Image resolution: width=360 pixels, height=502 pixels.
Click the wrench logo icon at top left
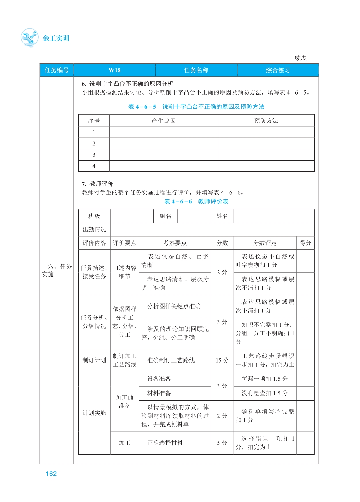29,38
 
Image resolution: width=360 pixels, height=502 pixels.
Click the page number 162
51,474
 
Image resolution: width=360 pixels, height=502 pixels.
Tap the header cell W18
114,70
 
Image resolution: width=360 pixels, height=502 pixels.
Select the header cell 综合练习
278,70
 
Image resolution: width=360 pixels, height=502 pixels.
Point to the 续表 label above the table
300,58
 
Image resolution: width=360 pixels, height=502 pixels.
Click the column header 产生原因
164,121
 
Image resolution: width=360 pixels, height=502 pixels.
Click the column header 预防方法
266,121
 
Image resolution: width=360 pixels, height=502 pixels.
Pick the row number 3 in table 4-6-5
94,155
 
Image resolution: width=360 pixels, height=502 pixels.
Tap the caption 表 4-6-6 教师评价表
196,201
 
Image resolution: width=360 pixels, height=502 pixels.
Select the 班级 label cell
94,216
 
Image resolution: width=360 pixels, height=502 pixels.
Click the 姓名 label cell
222,216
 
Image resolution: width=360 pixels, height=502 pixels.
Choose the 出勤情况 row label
94,230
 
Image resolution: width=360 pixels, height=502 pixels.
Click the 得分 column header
305,243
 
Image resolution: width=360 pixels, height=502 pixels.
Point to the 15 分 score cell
222,360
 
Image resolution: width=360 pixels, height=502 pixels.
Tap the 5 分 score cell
222,443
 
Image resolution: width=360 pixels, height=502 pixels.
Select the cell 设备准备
159,379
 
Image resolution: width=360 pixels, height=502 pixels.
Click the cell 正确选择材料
165,443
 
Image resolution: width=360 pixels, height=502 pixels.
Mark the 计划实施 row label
94,413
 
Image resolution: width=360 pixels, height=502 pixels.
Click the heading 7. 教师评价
97,184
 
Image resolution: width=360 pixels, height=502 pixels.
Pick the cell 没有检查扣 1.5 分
264,393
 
